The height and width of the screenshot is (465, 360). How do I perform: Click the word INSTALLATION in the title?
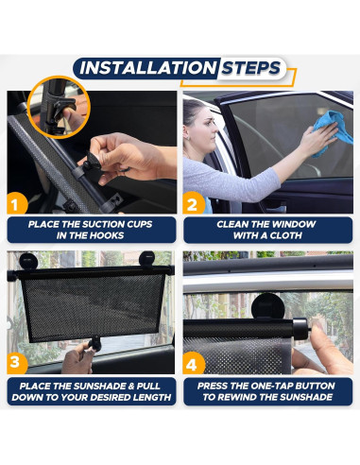[x=147, y=68]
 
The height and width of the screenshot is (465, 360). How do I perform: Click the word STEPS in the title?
[x=250, y=68]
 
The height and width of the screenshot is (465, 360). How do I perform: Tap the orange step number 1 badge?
[x=16, y=204]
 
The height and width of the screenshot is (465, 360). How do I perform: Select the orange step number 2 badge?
[x=193, y=204]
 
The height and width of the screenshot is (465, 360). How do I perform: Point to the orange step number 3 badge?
[x=16, y=363]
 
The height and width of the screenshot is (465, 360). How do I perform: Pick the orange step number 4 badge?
[x=193, y=364]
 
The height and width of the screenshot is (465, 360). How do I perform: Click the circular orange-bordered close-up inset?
[x=59, y=107]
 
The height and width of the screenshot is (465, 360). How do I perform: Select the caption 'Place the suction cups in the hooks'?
[x=92, y=230]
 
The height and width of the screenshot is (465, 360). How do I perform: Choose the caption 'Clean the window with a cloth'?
[x=267, y=230]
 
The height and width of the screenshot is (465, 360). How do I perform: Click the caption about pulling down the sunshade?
[x=92, y=391]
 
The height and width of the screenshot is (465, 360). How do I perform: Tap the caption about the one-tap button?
[x=267, y=391]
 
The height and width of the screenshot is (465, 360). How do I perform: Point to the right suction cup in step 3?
[x=147, y=259]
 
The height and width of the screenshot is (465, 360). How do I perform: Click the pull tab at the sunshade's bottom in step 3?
[x=94, y=343]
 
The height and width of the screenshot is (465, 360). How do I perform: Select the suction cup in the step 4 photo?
[x=267, y=305]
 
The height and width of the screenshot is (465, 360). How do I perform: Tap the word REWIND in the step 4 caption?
[x=244, y=397]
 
